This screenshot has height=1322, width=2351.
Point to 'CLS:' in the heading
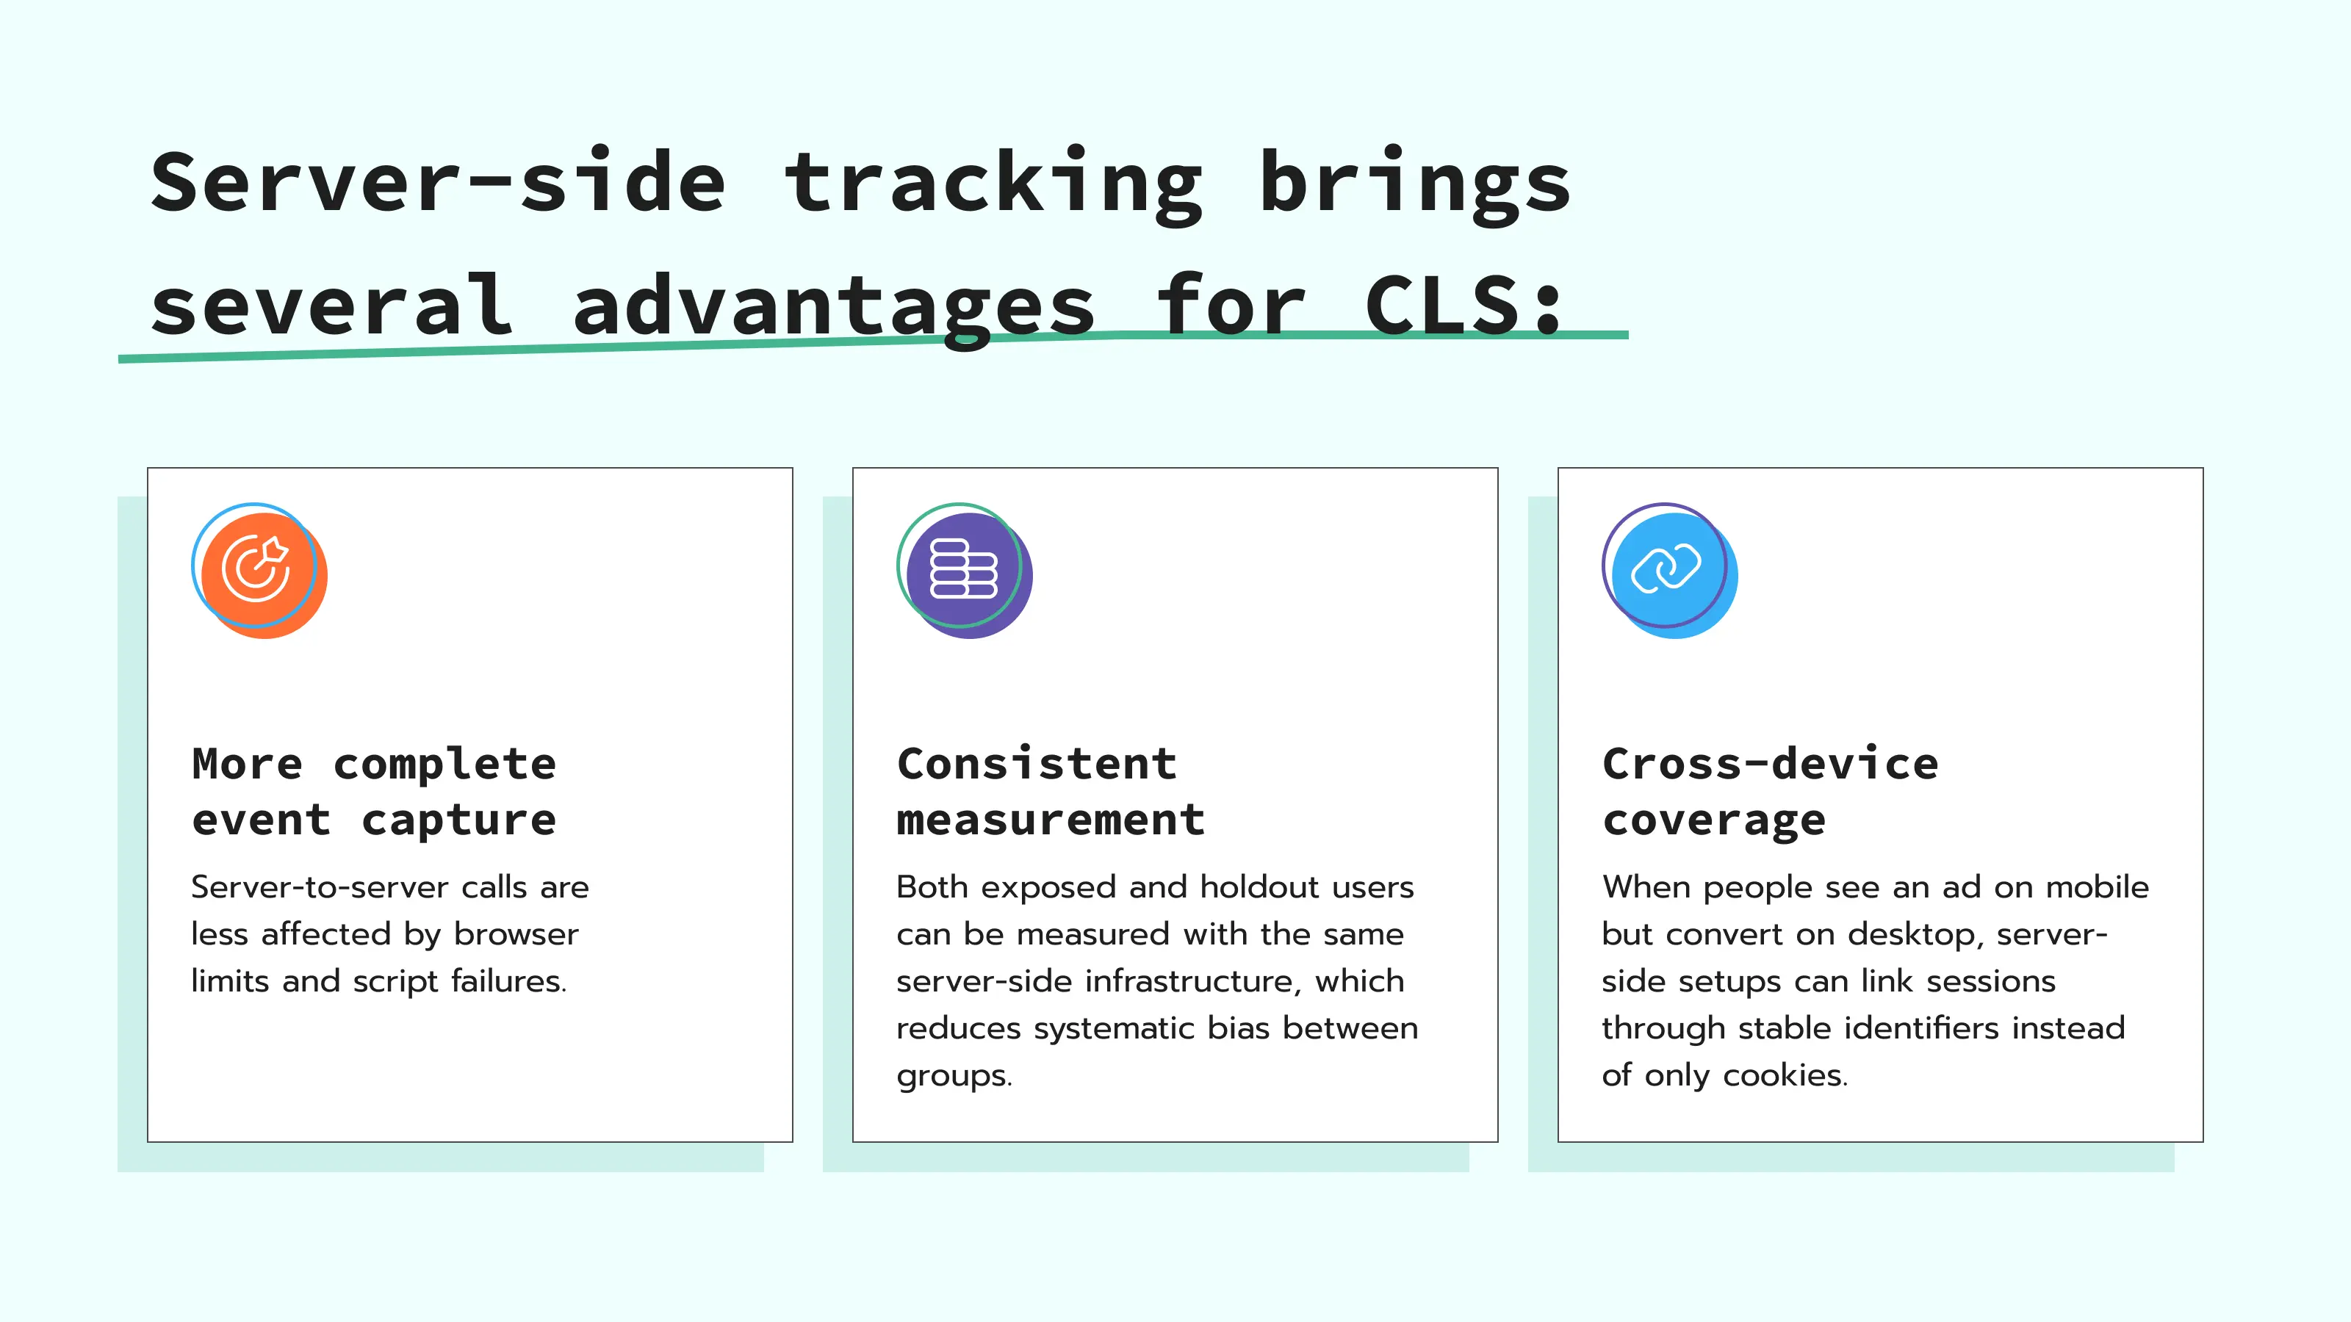(x=1465, y=306)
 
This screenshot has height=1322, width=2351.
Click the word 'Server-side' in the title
(x=438, y=182)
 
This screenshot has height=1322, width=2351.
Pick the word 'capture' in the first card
(x=459, y=820)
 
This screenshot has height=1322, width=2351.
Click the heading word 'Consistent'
(x=1037, y=764)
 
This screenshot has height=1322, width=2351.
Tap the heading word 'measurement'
(x=1051, y=820)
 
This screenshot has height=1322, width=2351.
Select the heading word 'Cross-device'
(x=1770, y=764)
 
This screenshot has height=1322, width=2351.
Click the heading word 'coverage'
(x=1714, y=820)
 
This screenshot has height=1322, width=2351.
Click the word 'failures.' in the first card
(x=508, y=982)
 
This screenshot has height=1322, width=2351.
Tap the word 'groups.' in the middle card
(x=954, y=1077)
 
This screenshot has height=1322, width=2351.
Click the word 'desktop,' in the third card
(x=1917, y=935)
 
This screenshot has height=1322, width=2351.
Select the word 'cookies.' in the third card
(x=1785, y=1076)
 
